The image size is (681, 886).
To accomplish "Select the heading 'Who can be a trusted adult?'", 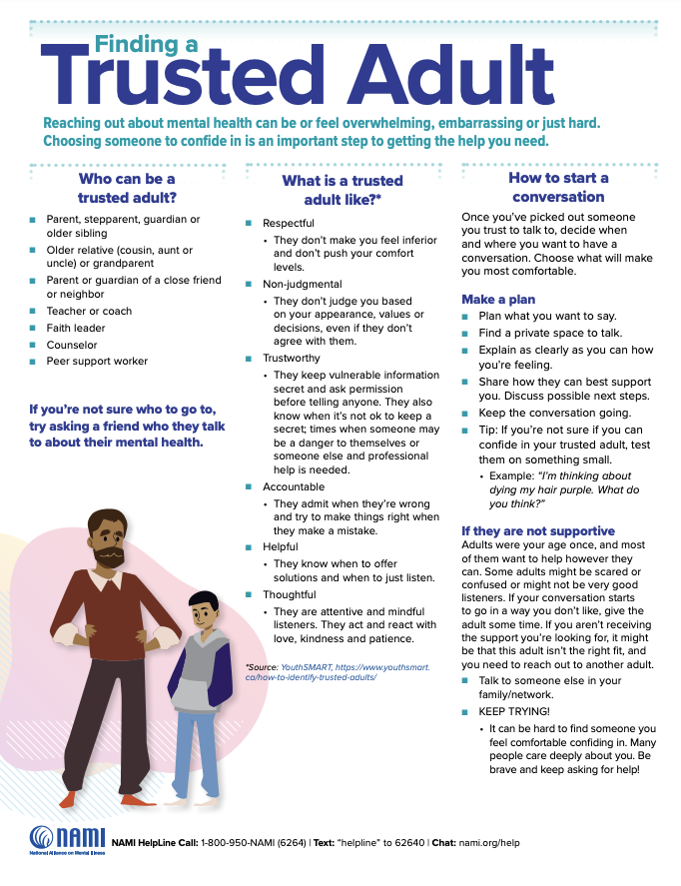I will (x=126, y=187).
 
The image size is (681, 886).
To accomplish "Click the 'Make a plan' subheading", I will (x=497, y=300).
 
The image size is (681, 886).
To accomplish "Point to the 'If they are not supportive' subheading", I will (x=537, y=530).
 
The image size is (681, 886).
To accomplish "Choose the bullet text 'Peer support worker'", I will (x=97, y=361).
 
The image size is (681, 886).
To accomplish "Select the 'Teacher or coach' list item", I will (x=91, y=311).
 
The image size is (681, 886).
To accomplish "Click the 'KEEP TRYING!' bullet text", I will (x=513, y=712).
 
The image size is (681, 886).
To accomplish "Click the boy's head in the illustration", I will (x=203, y=604).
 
